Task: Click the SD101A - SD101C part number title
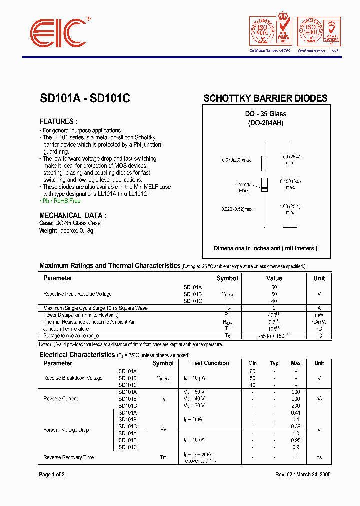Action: (85, 99)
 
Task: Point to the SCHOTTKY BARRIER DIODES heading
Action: (265, 98)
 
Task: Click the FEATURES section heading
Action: (58, 121)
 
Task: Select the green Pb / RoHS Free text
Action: (60, 201)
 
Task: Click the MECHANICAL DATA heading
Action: (73, 215)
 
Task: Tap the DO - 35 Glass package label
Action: (265, 114)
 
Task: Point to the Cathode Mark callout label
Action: (243, 187)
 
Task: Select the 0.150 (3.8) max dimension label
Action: (290, 184)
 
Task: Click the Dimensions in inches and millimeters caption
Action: (265, 248)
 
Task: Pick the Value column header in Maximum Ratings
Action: (274, 278)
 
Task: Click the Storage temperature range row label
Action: (71, 336)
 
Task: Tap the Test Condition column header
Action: (210, 363)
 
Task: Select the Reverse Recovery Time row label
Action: (69, 457)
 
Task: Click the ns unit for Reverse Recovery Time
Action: (319, 457)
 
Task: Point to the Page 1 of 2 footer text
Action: (52, 474)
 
